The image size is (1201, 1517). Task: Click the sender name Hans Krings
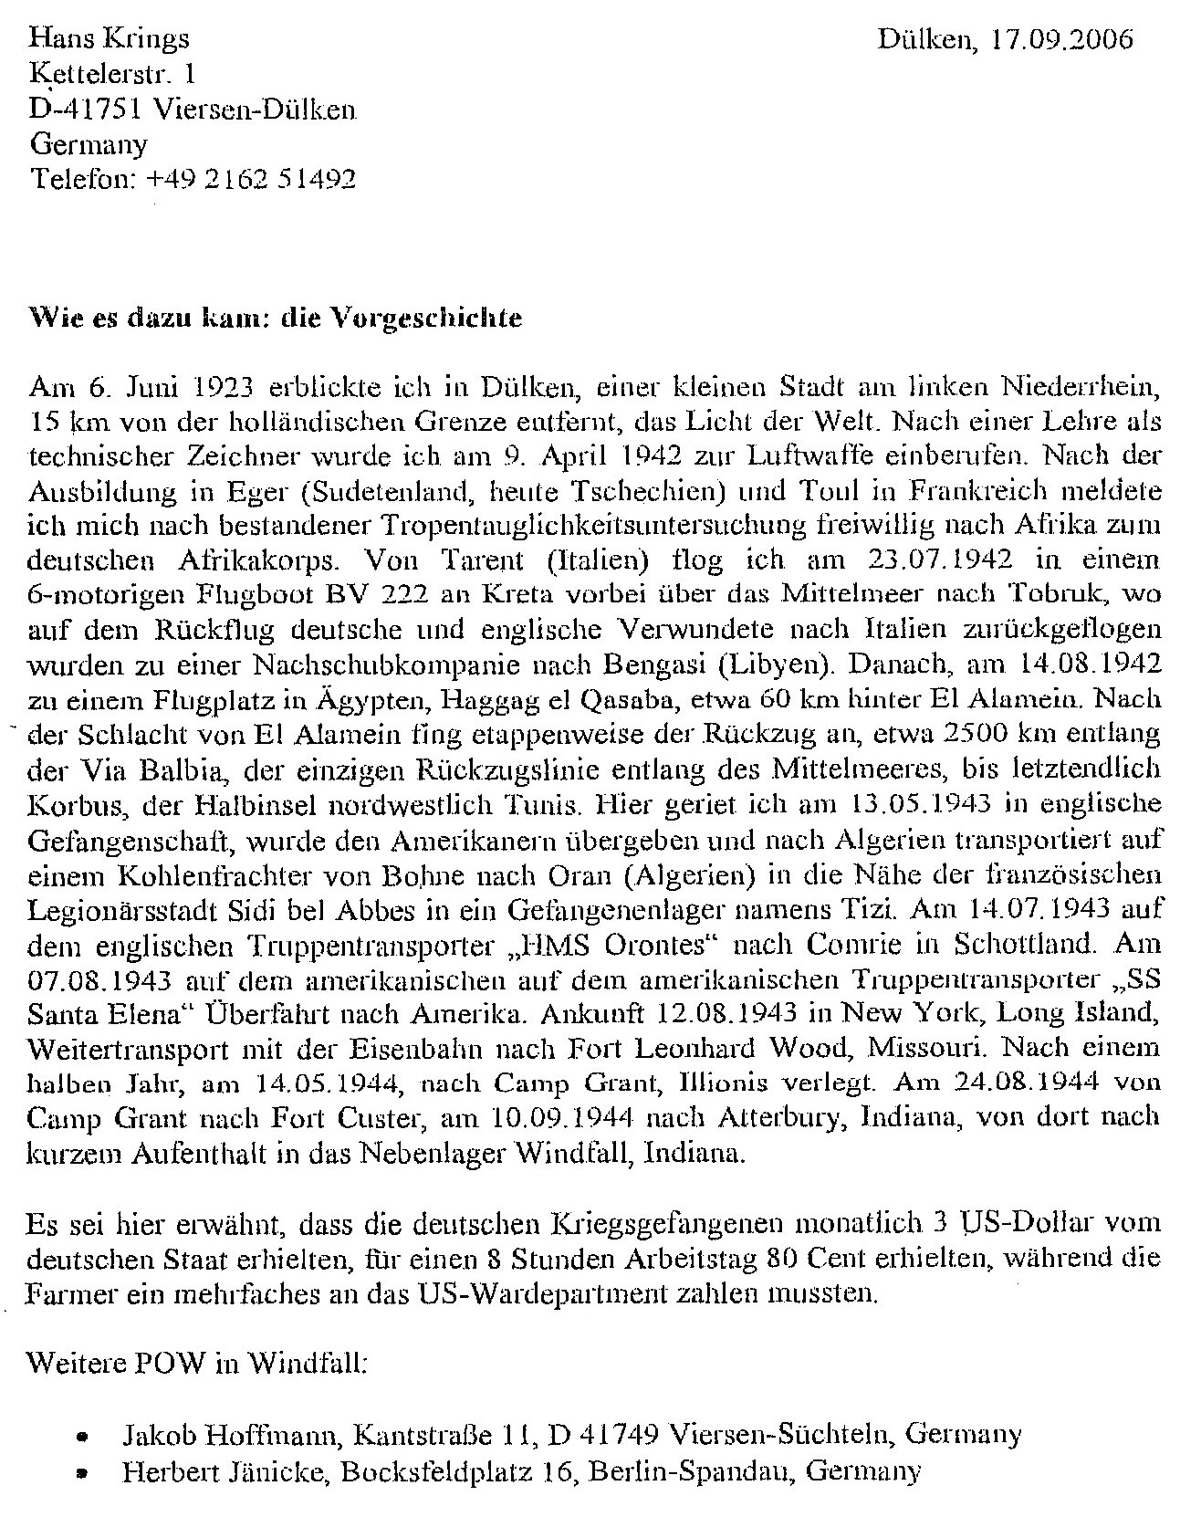(x=110, y=38)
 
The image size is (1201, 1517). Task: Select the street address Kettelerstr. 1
(x=112, y=74)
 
